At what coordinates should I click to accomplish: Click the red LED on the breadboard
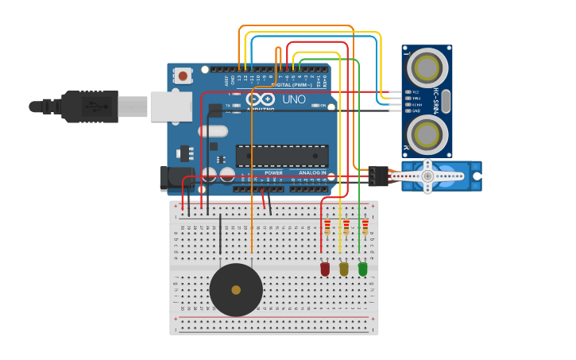click(325, 269)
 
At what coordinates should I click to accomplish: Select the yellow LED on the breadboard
click(344, 269)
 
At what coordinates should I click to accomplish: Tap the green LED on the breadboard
click(363, 269)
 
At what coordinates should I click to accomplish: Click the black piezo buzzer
click(236, 290)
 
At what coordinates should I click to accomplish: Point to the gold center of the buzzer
click(236, 290)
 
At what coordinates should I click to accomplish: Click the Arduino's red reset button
click(184, 76)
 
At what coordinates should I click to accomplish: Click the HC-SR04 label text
click(436, 99)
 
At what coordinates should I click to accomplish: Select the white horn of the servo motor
click(428, 176)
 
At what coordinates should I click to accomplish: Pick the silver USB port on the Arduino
click(170, 106)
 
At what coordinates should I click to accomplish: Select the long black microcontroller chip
click(282, 156)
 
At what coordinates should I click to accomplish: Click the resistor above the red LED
click(327, 228)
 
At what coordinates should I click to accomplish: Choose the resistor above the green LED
click(365, 228)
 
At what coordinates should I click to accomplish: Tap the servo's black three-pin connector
click(379, 176)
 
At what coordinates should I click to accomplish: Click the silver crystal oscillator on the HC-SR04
click(446, 100)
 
